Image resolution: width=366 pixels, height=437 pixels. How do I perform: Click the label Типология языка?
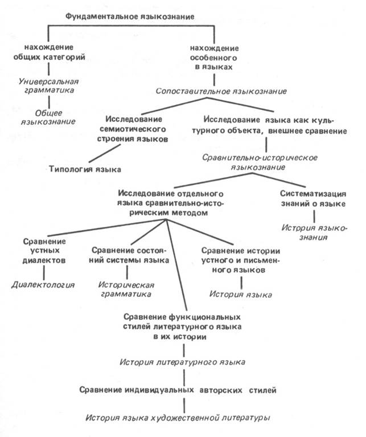coord(84,169)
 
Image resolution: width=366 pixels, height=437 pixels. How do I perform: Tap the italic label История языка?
coord(241,294)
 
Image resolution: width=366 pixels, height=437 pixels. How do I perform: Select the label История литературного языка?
coord(182,362)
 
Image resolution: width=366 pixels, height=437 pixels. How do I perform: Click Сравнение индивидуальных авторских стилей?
coord(178,390)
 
